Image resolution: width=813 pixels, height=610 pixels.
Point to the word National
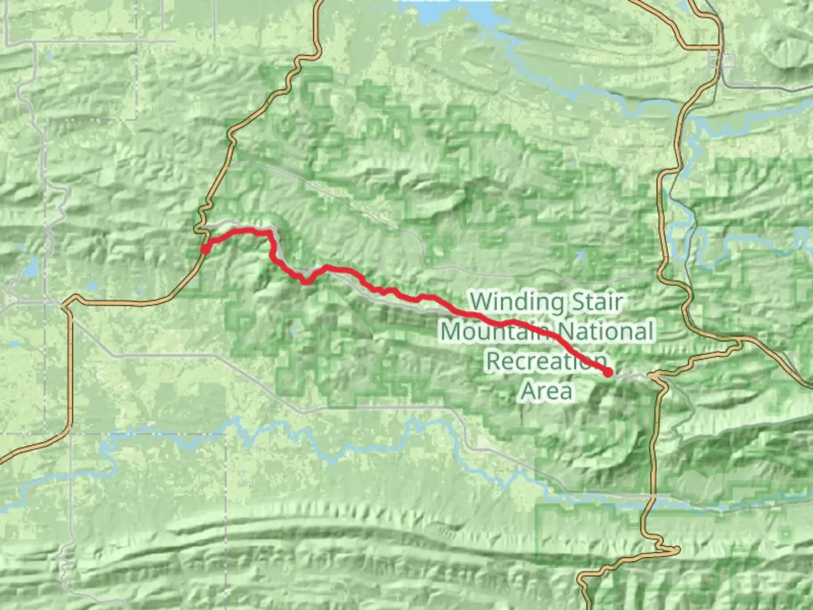(602, 332)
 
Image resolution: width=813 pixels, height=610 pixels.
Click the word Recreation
(547, 361)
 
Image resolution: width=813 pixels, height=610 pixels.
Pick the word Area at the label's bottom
(547, 390)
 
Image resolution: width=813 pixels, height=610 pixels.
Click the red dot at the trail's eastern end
(608, 372)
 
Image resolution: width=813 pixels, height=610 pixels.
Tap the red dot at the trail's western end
(205, 249)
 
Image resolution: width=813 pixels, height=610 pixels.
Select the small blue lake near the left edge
(31, 268)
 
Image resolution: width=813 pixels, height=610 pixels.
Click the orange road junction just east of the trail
(655, 375)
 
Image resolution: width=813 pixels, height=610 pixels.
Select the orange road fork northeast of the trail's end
(740, 340)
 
